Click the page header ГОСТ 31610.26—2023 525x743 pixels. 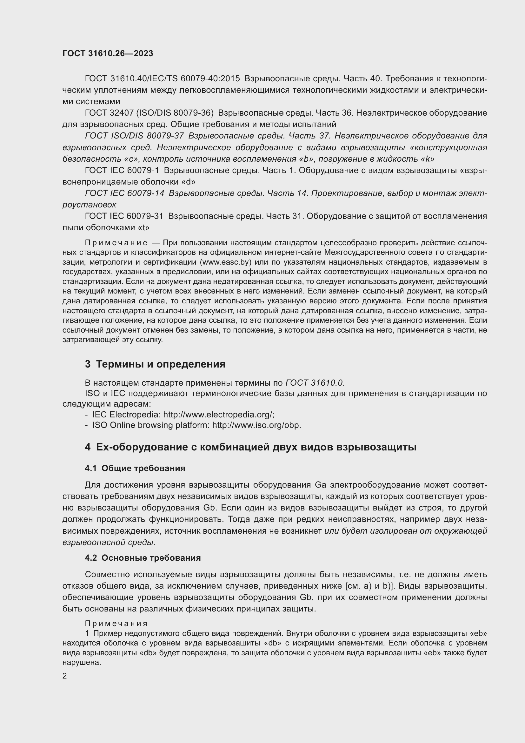pos(108,54)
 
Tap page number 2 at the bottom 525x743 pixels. pos(65,676)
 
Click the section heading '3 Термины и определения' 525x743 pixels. pos(155,364)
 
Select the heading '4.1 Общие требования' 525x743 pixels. pos(135,468)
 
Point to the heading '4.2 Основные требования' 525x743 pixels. pos(143,557)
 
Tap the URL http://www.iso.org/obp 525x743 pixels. pos(256,425)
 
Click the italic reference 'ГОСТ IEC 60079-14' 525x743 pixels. pos(124,193)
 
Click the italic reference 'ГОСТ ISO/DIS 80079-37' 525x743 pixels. pos(134,136)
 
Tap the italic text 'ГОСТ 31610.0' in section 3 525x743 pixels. pos(314,383)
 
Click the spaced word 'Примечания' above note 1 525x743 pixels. pos(116,623)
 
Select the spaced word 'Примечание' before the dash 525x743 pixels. pos(116,243)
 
